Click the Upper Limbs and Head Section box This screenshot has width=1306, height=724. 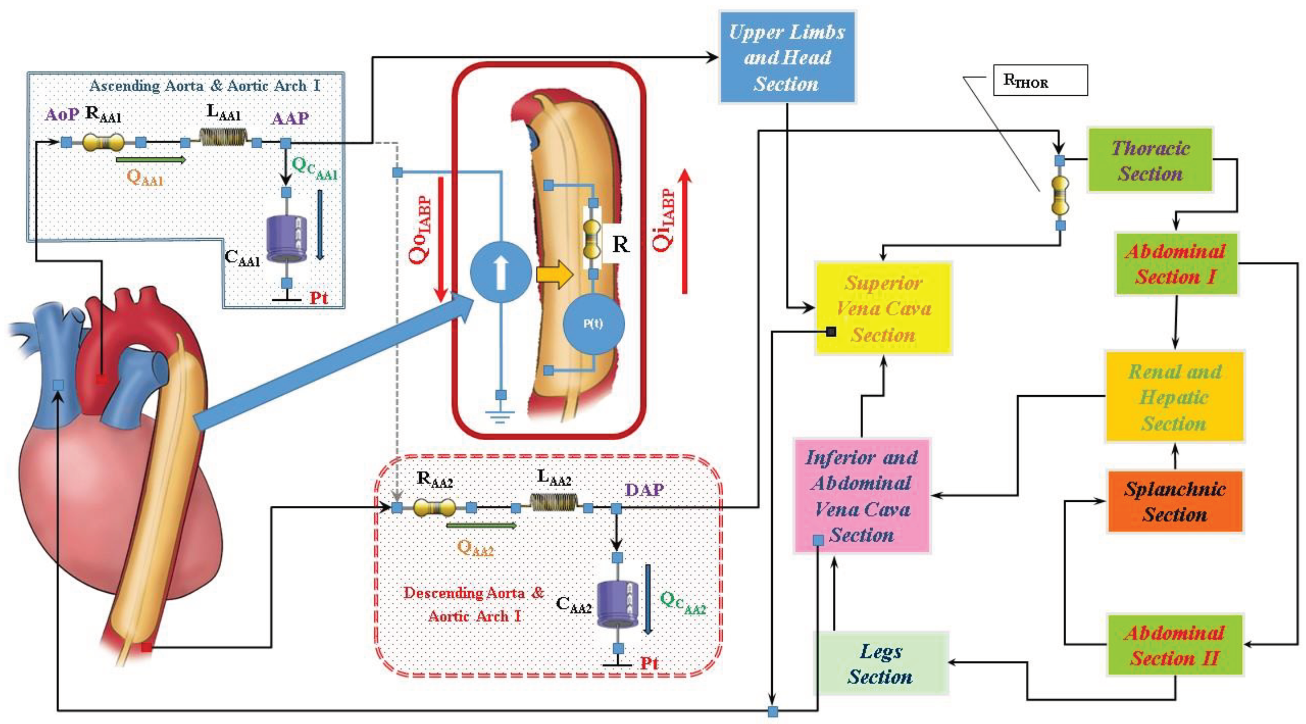(x=787, y=57)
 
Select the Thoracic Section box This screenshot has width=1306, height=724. (x=1150, y=160)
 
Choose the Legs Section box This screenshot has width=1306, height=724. (x=881, y=663)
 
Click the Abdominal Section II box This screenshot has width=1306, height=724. (x=1175, y=645)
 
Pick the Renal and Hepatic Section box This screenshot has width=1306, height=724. (x=1175, y=397)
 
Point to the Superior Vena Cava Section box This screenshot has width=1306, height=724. (x=883, y=308)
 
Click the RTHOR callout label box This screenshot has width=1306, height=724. (x=1040, y=80)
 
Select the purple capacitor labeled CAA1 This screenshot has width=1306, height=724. (x=287, y=239)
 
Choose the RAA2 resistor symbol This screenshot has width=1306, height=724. (x=434, y=507)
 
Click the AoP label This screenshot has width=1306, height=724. (x=62, y=114)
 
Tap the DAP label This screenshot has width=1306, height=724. (x=644, y=490)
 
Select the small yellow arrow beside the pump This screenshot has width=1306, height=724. (x=554, y=275)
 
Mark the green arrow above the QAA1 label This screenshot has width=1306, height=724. (x=151, y=160)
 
